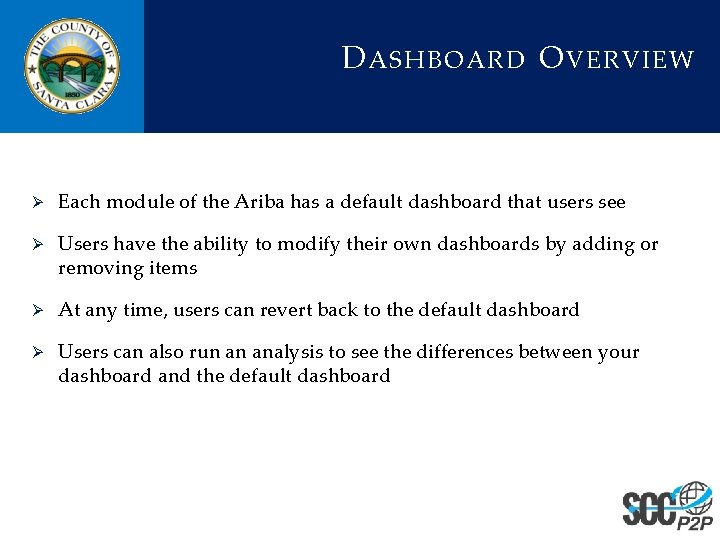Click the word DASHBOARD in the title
point(434,59)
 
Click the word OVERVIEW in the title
point(616,59)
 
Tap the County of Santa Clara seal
point(71,66)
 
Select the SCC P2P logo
point(667,506)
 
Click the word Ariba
point(260,202)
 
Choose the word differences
point(466,352)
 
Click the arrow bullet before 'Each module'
point(34,203)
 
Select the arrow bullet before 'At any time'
point(34,311)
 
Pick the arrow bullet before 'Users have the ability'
point(34,245)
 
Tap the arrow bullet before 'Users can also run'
point(34,353)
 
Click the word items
point(174,268)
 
